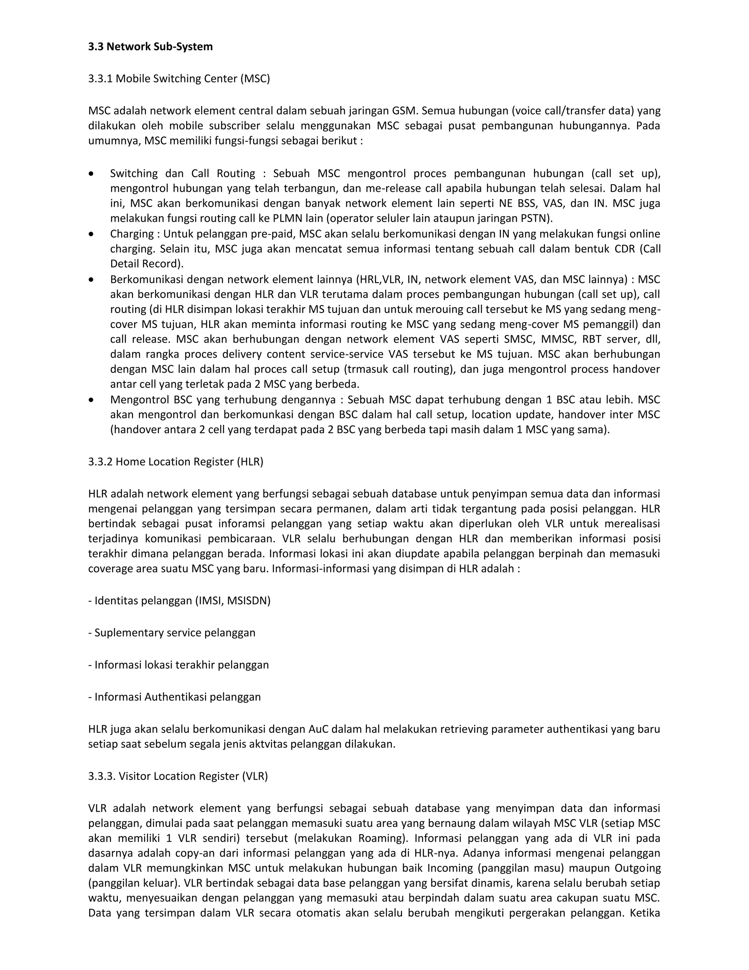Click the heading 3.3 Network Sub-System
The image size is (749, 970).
150,46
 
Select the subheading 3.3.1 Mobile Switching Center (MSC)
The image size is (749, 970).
179,79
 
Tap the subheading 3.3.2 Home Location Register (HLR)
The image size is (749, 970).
176,462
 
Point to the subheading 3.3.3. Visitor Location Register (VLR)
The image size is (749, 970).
178,776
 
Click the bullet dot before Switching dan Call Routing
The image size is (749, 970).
91,174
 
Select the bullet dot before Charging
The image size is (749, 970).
91,234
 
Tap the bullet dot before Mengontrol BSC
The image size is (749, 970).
91,400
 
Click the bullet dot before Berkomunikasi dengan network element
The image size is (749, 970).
91,280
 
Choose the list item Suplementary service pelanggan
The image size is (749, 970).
172,633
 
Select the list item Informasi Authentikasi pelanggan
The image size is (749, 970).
174,697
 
